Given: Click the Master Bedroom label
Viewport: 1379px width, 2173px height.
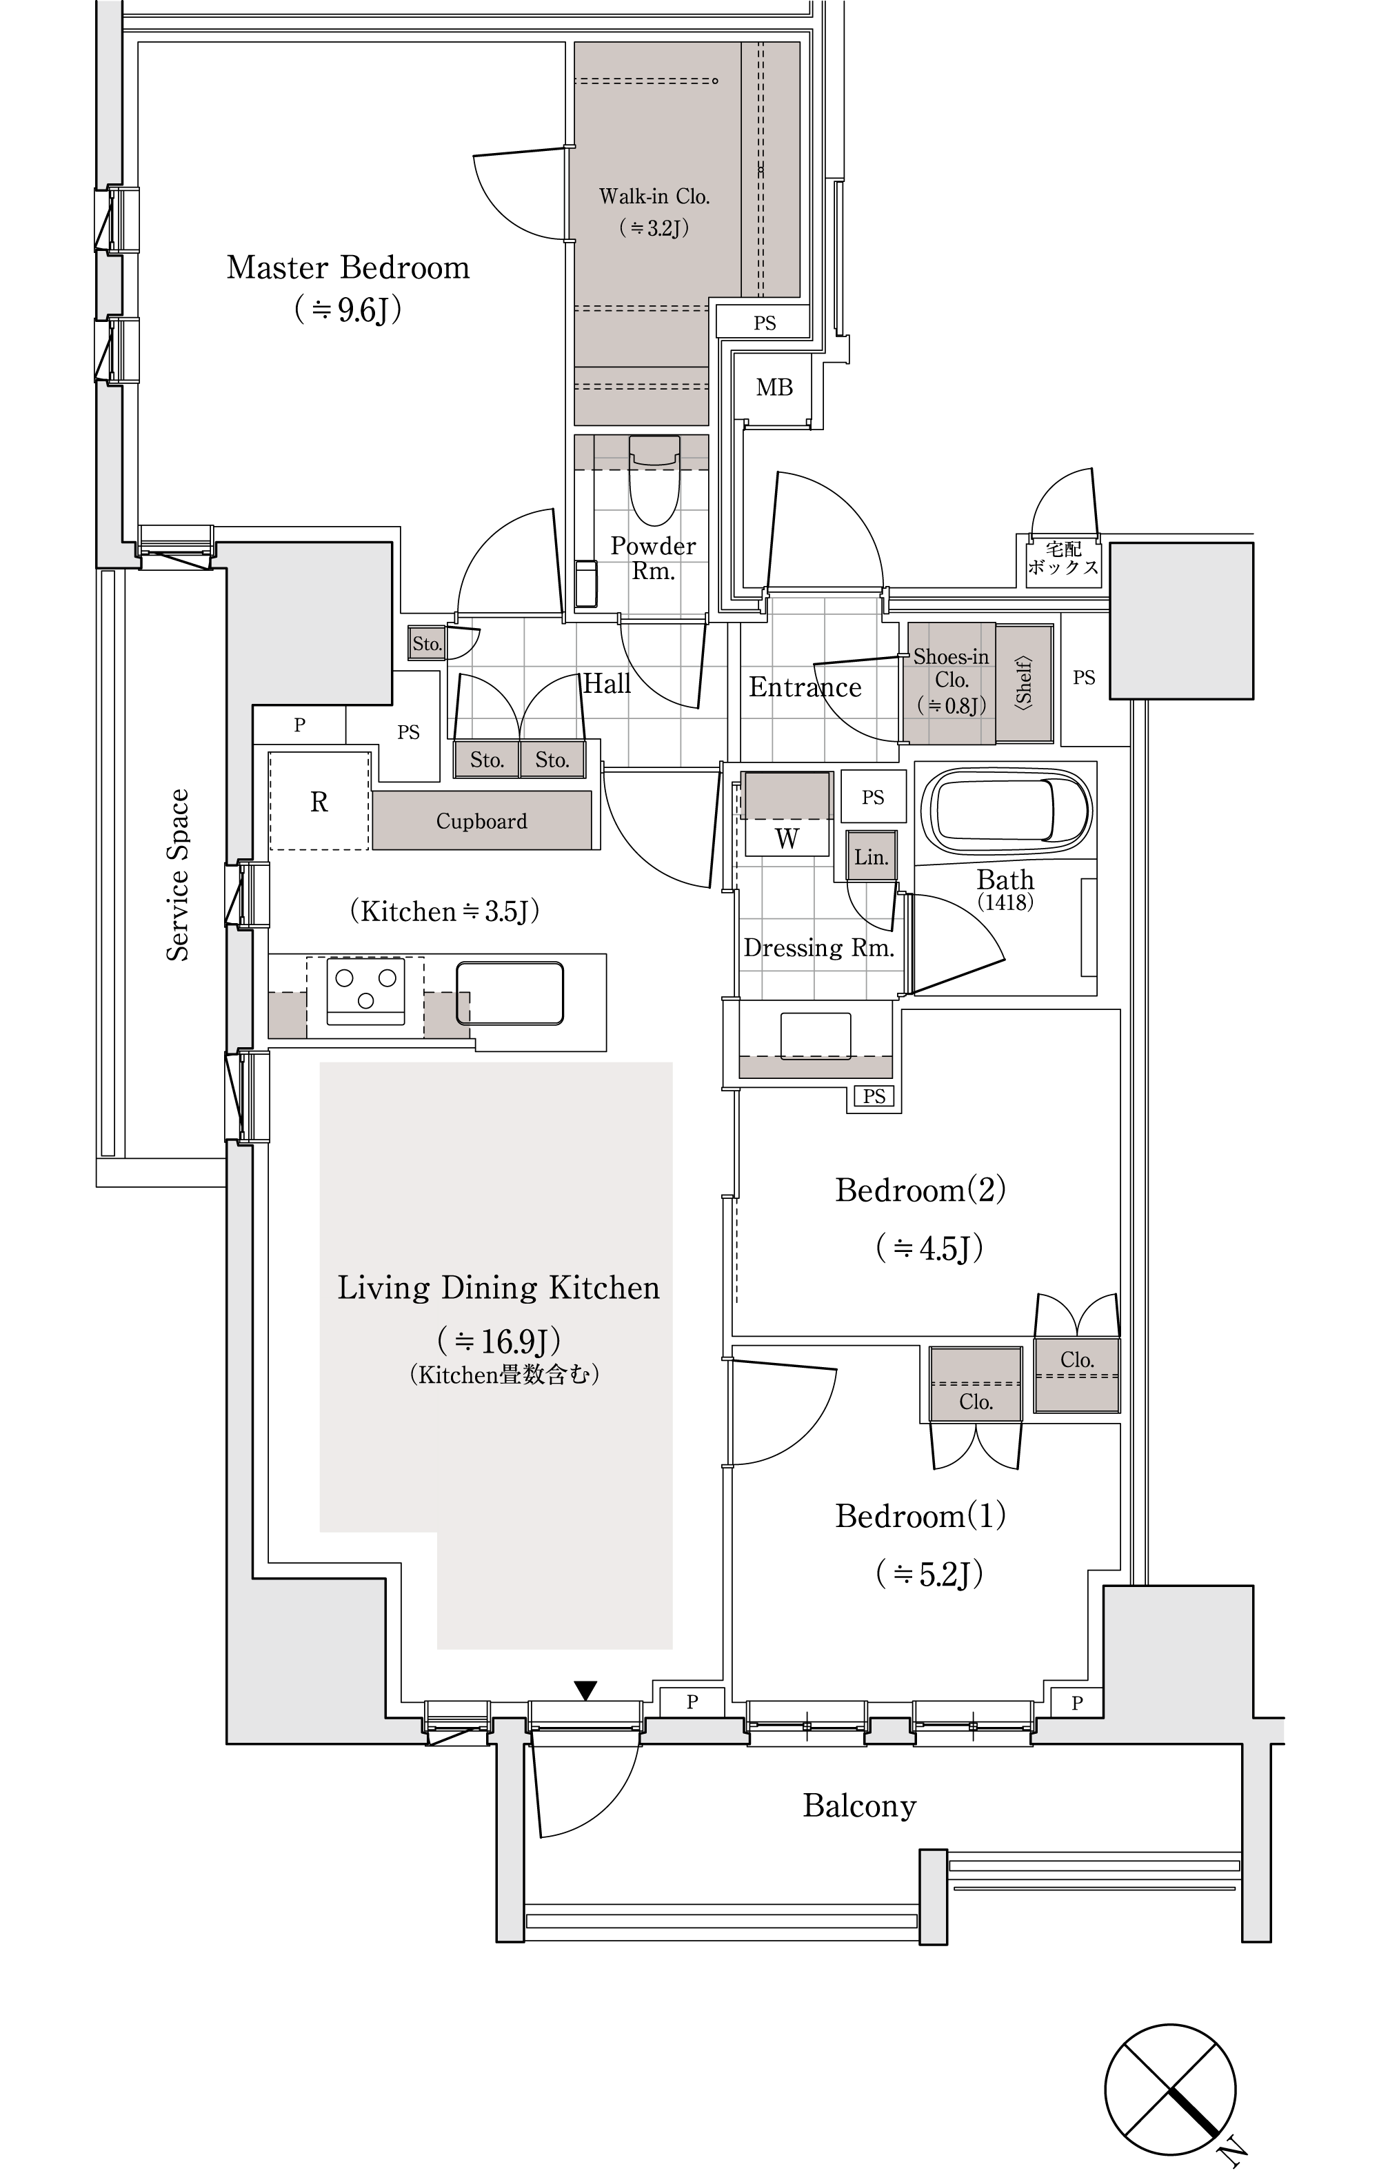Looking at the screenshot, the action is (x=348, y=268).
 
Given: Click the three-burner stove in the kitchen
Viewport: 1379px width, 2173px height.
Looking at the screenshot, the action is (x=365, y=993).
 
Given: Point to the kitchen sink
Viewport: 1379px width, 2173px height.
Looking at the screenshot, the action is (x=510, y=993).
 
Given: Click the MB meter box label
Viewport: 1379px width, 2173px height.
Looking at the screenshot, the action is (x=774, y=388).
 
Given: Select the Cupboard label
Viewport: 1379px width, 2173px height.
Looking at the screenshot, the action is (x=481, y=821).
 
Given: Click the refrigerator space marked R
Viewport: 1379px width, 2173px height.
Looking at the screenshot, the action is (x=319, y=801).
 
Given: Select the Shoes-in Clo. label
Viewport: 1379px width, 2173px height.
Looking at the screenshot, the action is (x=952, y=669).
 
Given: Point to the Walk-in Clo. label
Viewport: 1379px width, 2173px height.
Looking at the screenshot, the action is (x=654, y=196).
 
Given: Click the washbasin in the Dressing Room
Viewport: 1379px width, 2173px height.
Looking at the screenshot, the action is (x=816, y=1035).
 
